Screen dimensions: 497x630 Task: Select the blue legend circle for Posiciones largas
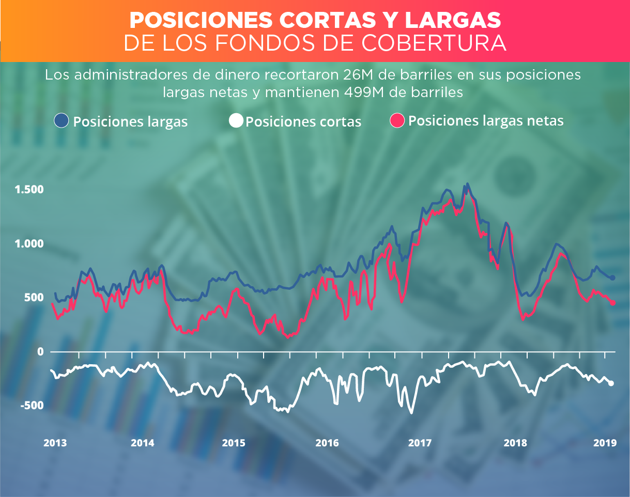61,121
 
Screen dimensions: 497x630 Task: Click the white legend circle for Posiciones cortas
236,121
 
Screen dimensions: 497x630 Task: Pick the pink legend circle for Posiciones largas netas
396,120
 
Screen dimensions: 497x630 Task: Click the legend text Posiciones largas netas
485,121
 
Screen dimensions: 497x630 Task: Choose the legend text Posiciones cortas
303,122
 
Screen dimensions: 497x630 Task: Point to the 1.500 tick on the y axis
29,190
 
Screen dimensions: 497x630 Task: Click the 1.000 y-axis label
29,243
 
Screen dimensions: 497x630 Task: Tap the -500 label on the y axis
32,405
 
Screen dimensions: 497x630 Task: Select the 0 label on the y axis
39,351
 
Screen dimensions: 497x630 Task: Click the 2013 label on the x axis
54,443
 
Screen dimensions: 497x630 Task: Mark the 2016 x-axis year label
327,443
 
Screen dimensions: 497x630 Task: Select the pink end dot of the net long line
613,303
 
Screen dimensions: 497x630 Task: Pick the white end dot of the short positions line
611,383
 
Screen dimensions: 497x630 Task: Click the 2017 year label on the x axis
420,443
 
